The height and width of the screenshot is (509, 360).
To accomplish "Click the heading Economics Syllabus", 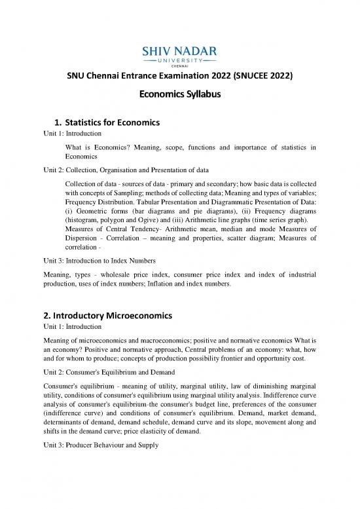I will [x=179, y=94].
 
